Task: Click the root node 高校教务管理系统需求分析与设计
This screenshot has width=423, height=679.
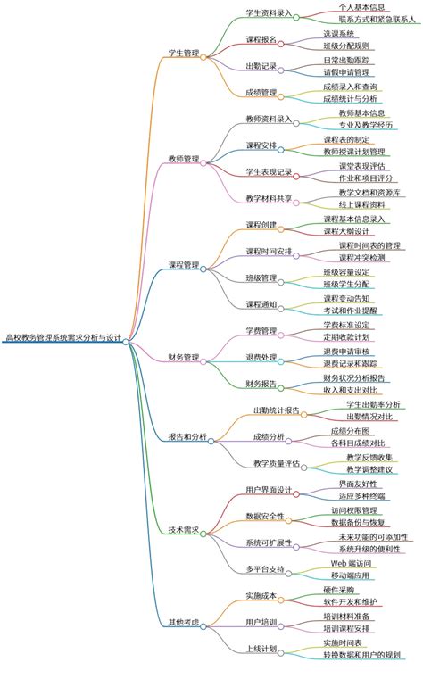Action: [x=62, y=339]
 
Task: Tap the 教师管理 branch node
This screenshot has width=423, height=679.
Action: [x=184, y=159]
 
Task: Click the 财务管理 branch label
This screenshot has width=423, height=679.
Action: [x=184, y=357]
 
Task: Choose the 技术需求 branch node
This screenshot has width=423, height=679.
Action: [x=184, y=529]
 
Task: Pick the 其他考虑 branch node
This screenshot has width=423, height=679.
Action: [x=184, y=621]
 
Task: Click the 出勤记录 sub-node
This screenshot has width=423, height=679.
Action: [x=261, y=66]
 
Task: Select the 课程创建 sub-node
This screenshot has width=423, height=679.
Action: [x=261, y=225]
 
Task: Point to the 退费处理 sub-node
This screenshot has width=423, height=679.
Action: [x=261, y=357]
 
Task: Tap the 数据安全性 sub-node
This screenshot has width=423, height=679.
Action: [x=264, y=516]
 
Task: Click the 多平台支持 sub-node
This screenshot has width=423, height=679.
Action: [x=264, y=568]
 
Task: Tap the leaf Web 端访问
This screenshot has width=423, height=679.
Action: [x=357, y=563]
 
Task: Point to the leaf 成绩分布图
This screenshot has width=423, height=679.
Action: [x=350, y=430]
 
